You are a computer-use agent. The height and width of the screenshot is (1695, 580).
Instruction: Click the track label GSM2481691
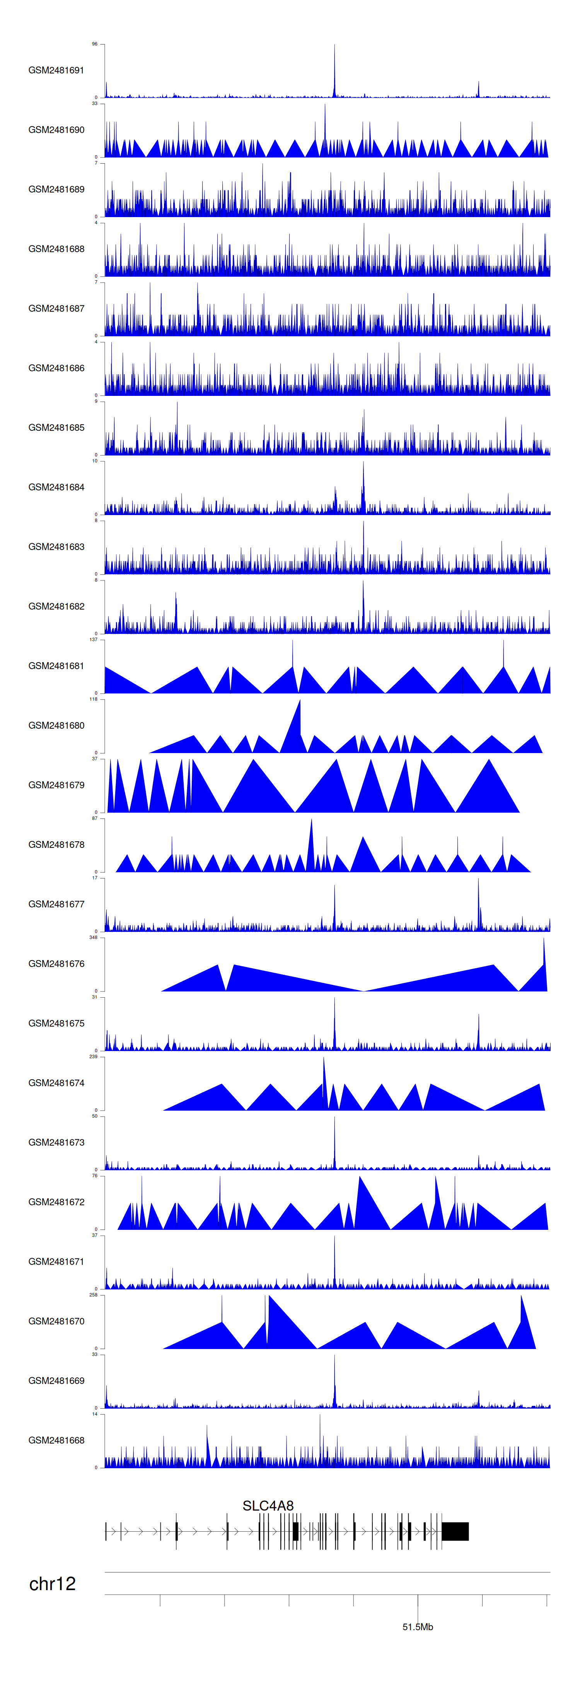[x=56, y=70]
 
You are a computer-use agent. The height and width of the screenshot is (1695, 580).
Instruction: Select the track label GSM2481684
[x=56, y=487]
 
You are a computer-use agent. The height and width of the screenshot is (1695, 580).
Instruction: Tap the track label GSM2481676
[x=56, y=963]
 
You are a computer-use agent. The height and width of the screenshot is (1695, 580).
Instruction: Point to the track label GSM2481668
[x=56, y=1440]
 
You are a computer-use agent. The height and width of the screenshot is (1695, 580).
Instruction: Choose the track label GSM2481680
[x=56, y=725]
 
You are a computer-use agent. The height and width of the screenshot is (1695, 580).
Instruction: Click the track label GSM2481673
[x=56, y=1142]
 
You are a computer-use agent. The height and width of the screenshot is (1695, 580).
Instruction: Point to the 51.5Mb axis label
[x=418, y=1627]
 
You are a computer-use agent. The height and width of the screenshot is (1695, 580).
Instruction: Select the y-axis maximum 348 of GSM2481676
[x=93, y=937]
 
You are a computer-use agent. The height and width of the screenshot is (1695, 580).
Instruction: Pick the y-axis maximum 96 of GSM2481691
[x=95, y=44]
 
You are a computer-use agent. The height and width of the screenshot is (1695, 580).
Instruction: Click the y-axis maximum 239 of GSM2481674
[x=93, y=1056]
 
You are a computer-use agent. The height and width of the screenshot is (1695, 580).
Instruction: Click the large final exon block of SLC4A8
[x=455, y=1531]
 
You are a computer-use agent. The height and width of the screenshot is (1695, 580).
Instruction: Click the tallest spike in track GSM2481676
[x=544, y=941]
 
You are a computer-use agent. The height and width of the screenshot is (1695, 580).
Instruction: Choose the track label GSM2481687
[x=56, y=308]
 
